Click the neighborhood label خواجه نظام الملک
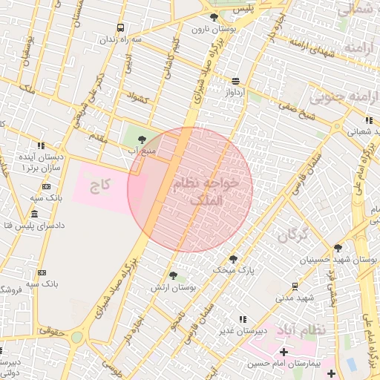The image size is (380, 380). [x=206, y=191]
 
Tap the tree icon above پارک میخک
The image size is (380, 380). [x=233, y=259]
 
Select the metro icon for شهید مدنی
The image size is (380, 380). [x=295, y=286]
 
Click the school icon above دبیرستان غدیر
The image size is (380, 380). [x=242, y=319]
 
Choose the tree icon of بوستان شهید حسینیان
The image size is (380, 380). [x=338, y=248]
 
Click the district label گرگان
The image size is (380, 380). [x=292, y=236]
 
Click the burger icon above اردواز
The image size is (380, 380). [x=235, y=82]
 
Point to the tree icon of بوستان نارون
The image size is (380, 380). [x=214, y=17]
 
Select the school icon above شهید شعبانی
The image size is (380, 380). [x=368, y=120]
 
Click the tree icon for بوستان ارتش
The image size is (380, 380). [x=173, y=275]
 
